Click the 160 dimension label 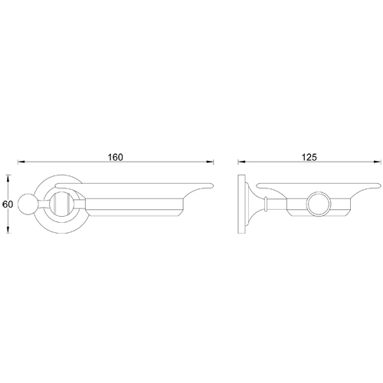coord(115,157)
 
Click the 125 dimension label coord(309,157)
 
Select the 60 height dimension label coord(8,205)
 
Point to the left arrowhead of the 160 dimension coord(21,162)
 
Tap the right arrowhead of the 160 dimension coord(210,162)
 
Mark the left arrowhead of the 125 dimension coord(241,162)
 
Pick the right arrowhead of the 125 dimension coord(378,162)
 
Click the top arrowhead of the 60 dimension coord(9,178)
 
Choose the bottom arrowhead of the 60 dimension coord(9,230)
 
